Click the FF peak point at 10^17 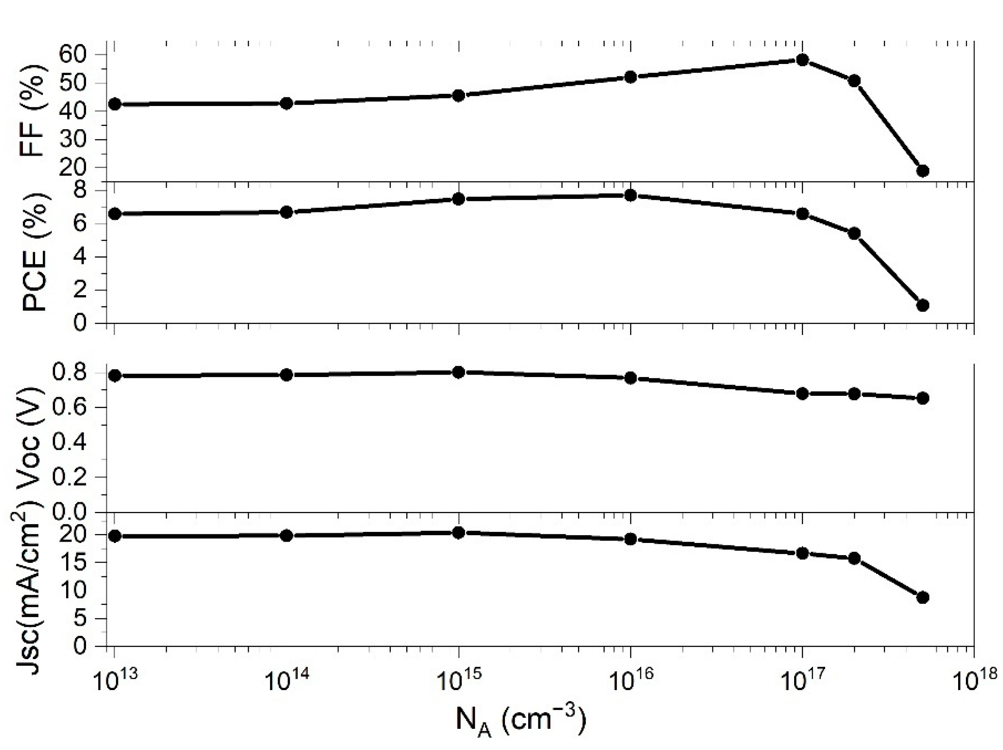[802, 60]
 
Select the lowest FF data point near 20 [922, 171]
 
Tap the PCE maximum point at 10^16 [630, 195]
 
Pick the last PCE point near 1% [922, 305]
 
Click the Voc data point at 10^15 [458, 372]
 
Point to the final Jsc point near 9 [922, 597]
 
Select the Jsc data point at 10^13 [115, 536]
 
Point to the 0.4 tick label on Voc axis [69, 442]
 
